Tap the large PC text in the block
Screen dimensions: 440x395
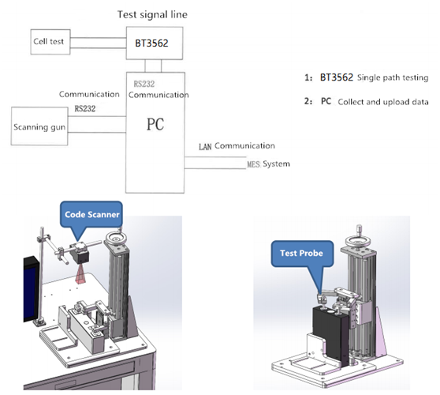pos(155,124)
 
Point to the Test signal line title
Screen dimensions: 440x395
pos(152,14)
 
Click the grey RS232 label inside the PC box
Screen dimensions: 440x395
pos(144,84)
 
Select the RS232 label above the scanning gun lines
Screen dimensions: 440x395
pos(85,108)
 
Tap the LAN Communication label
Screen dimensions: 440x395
pos(237,146)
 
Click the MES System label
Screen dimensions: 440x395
pos(268,164)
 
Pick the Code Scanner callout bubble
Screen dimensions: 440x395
pos(91,214)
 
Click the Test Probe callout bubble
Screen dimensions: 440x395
pos(302,254)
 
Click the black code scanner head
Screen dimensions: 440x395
pos(80,256)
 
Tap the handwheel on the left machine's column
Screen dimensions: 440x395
pos(115,239)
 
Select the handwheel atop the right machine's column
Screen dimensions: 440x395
pos(356,241)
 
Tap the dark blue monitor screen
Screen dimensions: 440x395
pos(30,291)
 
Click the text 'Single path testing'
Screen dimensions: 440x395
pos(393,77)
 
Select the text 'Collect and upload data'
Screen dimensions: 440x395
pos(383,102)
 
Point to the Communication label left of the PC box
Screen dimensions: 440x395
pos(89,94)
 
